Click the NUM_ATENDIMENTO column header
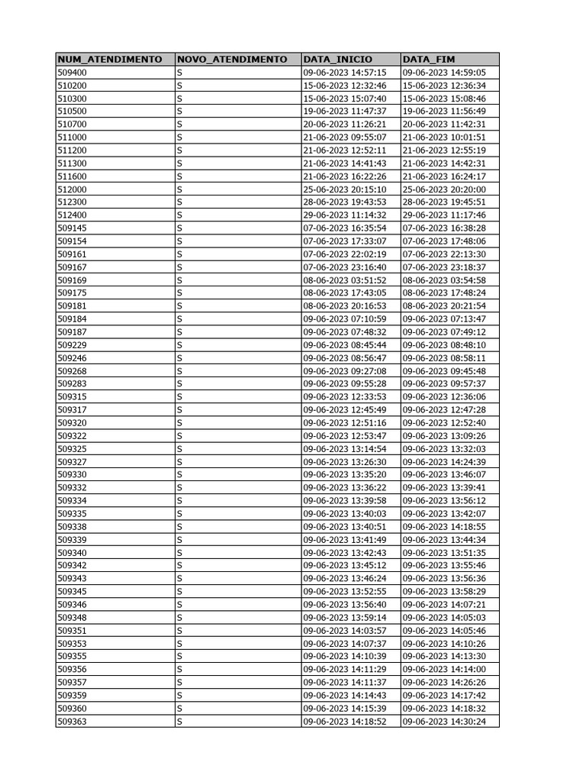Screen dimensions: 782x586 coord(109,60)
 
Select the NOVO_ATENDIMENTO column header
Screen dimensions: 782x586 coord(231,60)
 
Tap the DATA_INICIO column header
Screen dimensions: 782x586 coord(337,60)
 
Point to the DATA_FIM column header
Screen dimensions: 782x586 coord(428,60)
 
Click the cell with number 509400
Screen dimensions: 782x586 coord(72,73)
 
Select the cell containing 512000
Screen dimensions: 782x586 coord(72,189)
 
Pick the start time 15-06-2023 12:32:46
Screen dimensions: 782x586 coord(345,86)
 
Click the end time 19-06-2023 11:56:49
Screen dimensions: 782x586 coord(444,111)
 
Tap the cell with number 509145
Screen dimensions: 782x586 coord(72,228)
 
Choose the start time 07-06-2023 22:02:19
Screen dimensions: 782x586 coord(345,254)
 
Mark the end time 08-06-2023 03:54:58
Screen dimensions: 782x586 coord(444,280)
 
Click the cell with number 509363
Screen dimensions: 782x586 coord(72,721)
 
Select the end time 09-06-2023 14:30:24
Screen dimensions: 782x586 coord(444,721)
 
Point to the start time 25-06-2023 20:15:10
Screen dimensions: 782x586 coord(345,189)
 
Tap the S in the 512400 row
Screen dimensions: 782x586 coord(179,215)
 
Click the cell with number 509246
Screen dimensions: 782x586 coord(72,358)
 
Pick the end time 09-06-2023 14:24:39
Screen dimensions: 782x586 coord(444,462)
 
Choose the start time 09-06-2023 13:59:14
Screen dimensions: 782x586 coord(345,617)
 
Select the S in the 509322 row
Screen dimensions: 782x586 coord(179,436)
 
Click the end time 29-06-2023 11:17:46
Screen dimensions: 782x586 coord(444,215)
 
